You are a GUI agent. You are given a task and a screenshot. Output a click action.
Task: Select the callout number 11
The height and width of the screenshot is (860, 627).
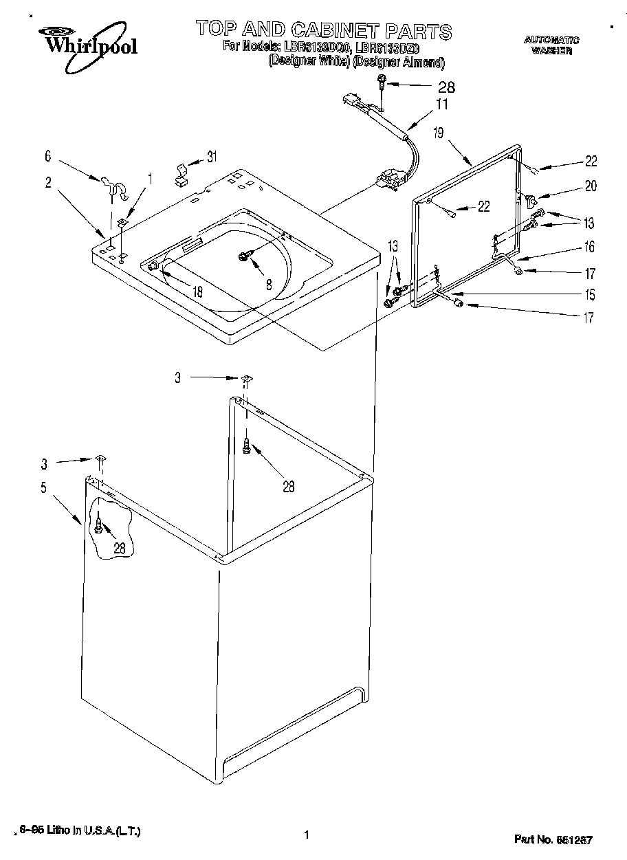click(x=441, y=105)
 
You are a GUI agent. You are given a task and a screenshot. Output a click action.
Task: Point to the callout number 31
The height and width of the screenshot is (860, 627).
click(x=211, y=157)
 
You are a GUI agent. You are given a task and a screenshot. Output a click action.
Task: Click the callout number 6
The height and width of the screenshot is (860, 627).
click(x=47, y=157)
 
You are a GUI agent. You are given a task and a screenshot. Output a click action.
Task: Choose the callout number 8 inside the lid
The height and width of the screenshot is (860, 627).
click(x=269, y=283)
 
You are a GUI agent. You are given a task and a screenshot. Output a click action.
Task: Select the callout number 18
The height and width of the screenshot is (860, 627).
click(x=197, y=291)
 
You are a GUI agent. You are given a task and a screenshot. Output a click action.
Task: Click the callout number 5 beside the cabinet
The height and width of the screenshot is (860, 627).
click(x=43, y=488)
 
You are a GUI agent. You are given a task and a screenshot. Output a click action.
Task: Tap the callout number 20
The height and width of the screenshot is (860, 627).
click(x=591, y=186)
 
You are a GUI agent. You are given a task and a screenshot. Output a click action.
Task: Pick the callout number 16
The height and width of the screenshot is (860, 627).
click(x=589, y=247)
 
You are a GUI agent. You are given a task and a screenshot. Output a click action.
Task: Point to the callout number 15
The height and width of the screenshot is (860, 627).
click(x=589, y=295)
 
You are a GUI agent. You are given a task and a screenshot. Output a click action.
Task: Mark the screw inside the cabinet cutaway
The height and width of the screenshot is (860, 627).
click(x=99, y=527)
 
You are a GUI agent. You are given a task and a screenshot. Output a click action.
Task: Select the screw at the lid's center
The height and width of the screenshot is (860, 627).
click(x=243, y=256)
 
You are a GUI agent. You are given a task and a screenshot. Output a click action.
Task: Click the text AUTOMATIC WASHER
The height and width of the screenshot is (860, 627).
click(x=552, y=45)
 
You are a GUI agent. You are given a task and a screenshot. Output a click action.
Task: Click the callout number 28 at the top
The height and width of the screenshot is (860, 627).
click(x=446, y=87)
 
